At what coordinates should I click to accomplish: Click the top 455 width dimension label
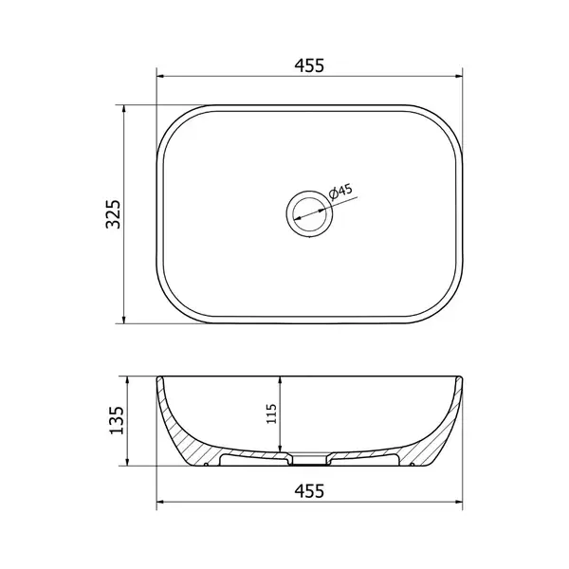[x=309, y=65]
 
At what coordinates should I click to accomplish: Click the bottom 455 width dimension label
[x=309, y=491]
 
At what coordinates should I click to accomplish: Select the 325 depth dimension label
[x=113, y=214]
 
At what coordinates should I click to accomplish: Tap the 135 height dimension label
[x=117, y=420]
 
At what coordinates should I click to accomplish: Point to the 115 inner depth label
[x=271, y=413]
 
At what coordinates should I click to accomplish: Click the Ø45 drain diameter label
[x=340, y=191]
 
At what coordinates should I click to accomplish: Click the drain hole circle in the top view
[x=309, y=214]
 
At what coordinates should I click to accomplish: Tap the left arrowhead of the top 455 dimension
[x=160, y=77]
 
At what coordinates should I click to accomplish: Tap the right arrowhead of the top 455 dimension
[x=459, y=77]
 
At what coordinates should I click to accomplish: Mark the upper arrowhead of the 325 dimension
[x=124, y=109]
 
